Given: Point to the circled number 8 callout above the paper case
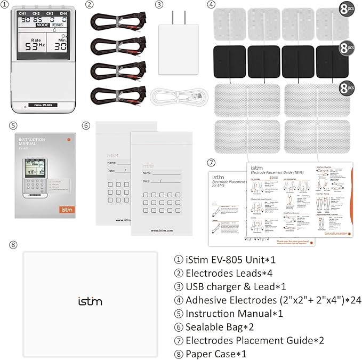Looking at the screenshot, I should point(14,245).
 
